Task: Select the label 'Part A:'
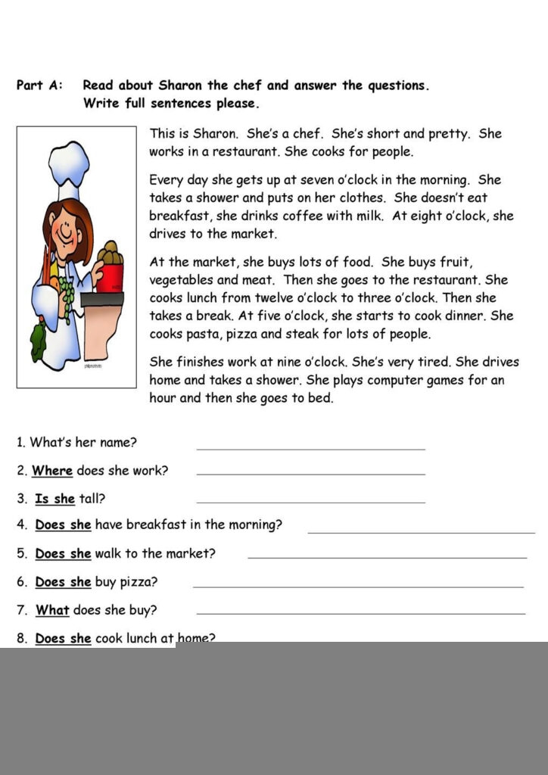click(40, 86)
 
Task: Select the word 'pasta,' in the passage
click(204, 334)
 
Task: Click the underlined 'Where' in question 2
click(52, 471)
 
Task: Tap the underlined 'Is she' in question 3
click(55, 499)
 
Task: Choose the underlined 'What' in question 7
click(52, 610)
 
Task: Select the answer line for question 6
click(358, 586)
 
